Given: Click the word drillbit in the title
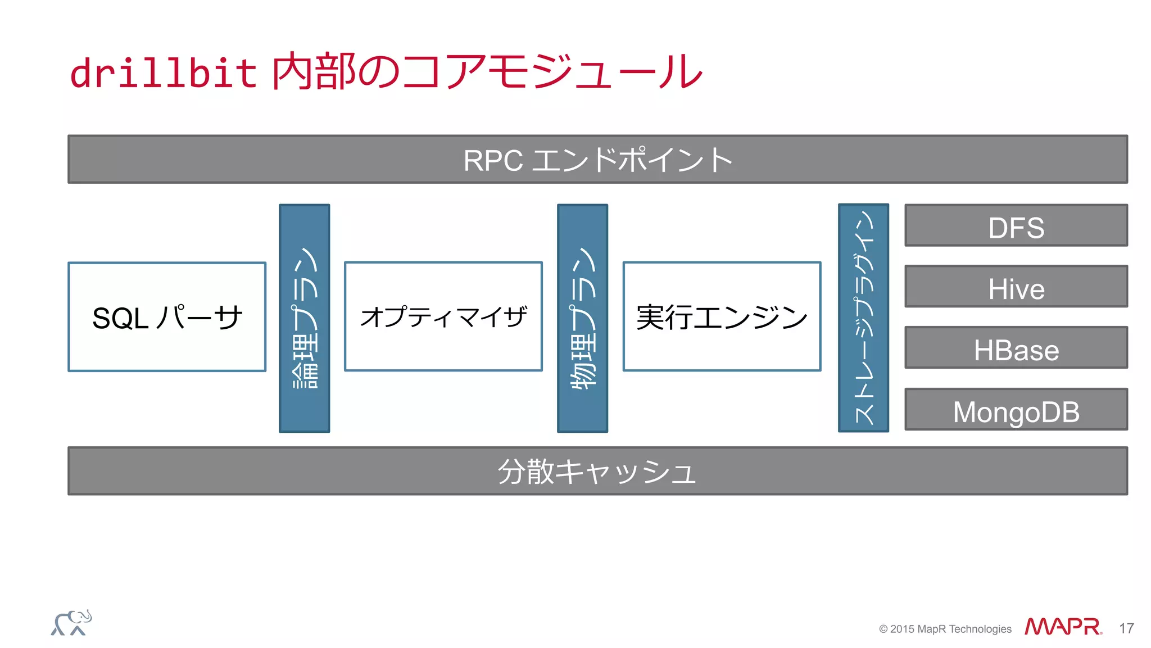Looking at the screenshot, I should [163, 73].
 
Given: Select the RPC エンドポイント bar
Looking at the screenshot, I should [597, 160].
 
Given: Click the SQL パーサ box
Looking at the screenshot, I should [167, 317].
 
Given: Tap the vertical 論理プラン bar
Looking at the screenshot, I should [305, 318].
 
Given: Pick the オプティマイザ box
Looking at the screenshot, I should [443, 316].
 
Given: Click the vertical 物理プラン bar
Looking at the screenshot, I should [582, 318].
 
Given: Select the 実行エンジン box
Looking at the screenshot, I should [722, 316].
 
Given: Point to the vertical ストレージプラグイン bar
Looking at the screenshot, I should [863, 318].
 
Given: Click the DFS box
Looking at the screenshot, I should [1016, 226].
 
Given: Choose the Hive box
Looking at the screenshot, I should [1016, 287].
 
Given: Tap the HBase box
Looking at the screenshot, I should [1016, 348].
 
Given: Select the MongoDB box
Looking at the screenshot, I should [1016, 410].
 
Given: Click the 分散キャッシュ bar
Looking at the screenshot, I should [597, 471].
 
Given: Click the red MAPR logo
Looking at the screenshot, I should [1062, 627].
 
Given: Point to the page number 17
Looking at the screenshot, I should [1126, 628].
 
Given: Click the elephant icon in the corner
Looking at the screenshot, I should [71, 623].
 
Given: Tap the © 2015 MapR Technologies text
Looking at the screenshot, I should [945, 629].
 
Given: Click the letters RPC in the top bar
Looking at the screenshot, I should [493, 161].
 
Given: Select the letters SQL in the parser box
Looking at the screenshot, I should [120, 319].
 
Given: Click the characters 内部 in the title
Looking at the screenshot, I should [314, 72].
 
